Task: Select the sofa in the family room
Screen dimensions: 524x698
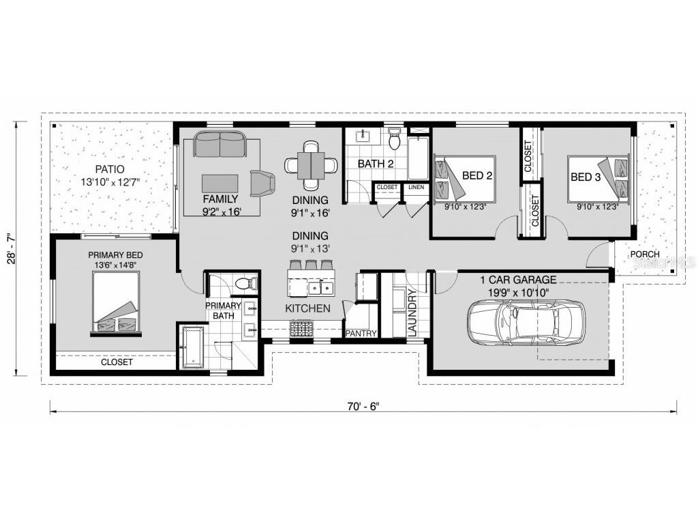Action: [219, 144]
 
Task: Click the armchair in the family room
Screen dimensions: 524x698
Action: [262, 183]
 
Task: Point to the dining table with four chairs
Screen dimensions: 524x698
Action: [311, 164]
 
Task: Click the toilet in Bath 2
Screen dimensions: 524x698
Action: [393, 140]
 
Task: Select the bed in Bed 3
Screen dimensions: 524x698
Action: [598, 178]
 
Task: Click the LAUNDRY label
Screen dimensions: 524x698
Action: [412, 312]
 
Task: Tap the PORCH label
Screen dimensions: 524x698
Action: [644, 254]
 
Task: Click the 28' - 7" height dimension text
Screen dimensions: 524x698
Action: [10, 248]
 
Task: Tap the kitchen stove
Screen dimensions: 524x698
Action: [301, 330]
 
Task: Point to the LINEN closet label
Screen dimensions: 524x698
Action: [416, 186]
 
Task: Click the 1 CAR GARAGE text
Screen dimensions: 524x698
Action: [518, 280]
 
